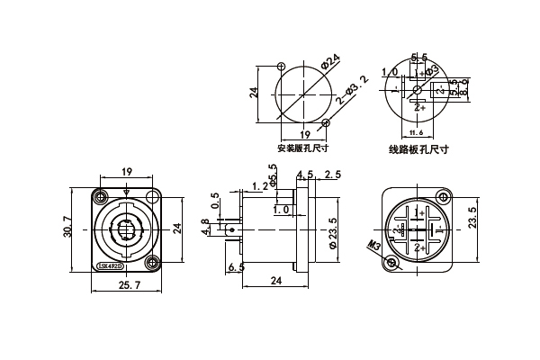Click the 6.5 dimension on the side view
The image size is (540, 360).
click(237, 267)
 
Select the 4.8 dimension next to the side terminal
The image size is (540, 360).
click(205, 226)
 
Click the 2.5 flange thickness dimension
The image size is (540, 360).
click(332, 174)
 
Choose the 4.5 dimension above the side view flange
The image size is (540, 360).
click(303, 174)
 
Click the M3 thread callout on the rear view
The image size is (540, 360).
click(373, 244)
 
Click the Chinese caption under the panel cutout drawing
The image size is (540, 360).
click(303, 148)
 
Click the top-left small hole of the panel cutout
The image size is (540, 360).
click(282, 67)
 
